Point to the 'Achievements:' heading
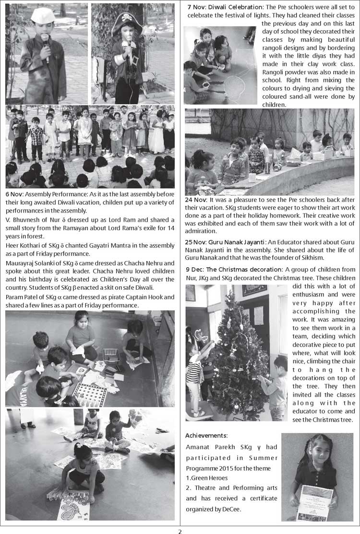(x=206, y=435)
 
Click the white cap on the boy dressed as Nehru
(x=43, y=14)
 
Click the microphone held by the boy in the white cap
(x=45, y=42)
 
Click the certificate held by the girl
(x=314, y=502)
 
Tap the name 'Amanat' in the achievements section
(x=197, y=447)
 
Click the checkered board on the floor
(x=89, y=394)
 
